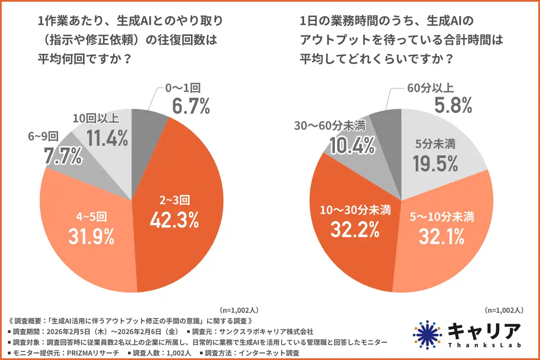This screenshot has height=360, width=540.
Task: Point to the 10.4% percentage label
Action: (352, 146)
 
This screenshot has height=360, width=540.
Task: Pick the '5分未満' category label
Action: (435, 145)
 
